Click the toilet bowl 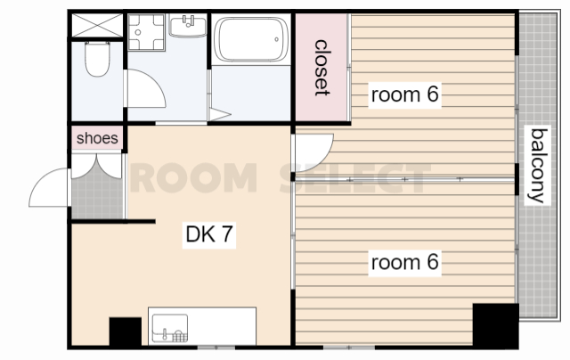click(97, 59)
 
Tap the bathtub click(251, 39)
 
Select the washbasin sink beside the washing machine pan click(188, 26)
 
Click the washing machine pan click(146, 32)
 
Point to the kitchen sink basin click(170, 328)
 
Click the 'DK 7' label click(209, 234)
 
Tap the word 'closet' click(322, 68)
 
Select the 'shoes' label click(97, 138)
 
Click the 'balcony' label click(538, 166)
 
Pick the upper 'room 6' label click(404, 94)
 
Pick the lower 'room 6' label click(404, 262)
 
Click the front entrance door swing click(48, 187)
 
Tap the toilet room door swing click(144, 89)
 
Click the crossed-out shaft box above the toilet click(97, 25)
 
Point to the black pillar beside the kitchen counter click(126, 331)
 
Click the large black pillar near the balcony click(495, 325)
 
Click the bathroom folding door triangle click(220, 114)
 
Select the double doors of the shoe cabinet click(97, 166)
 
